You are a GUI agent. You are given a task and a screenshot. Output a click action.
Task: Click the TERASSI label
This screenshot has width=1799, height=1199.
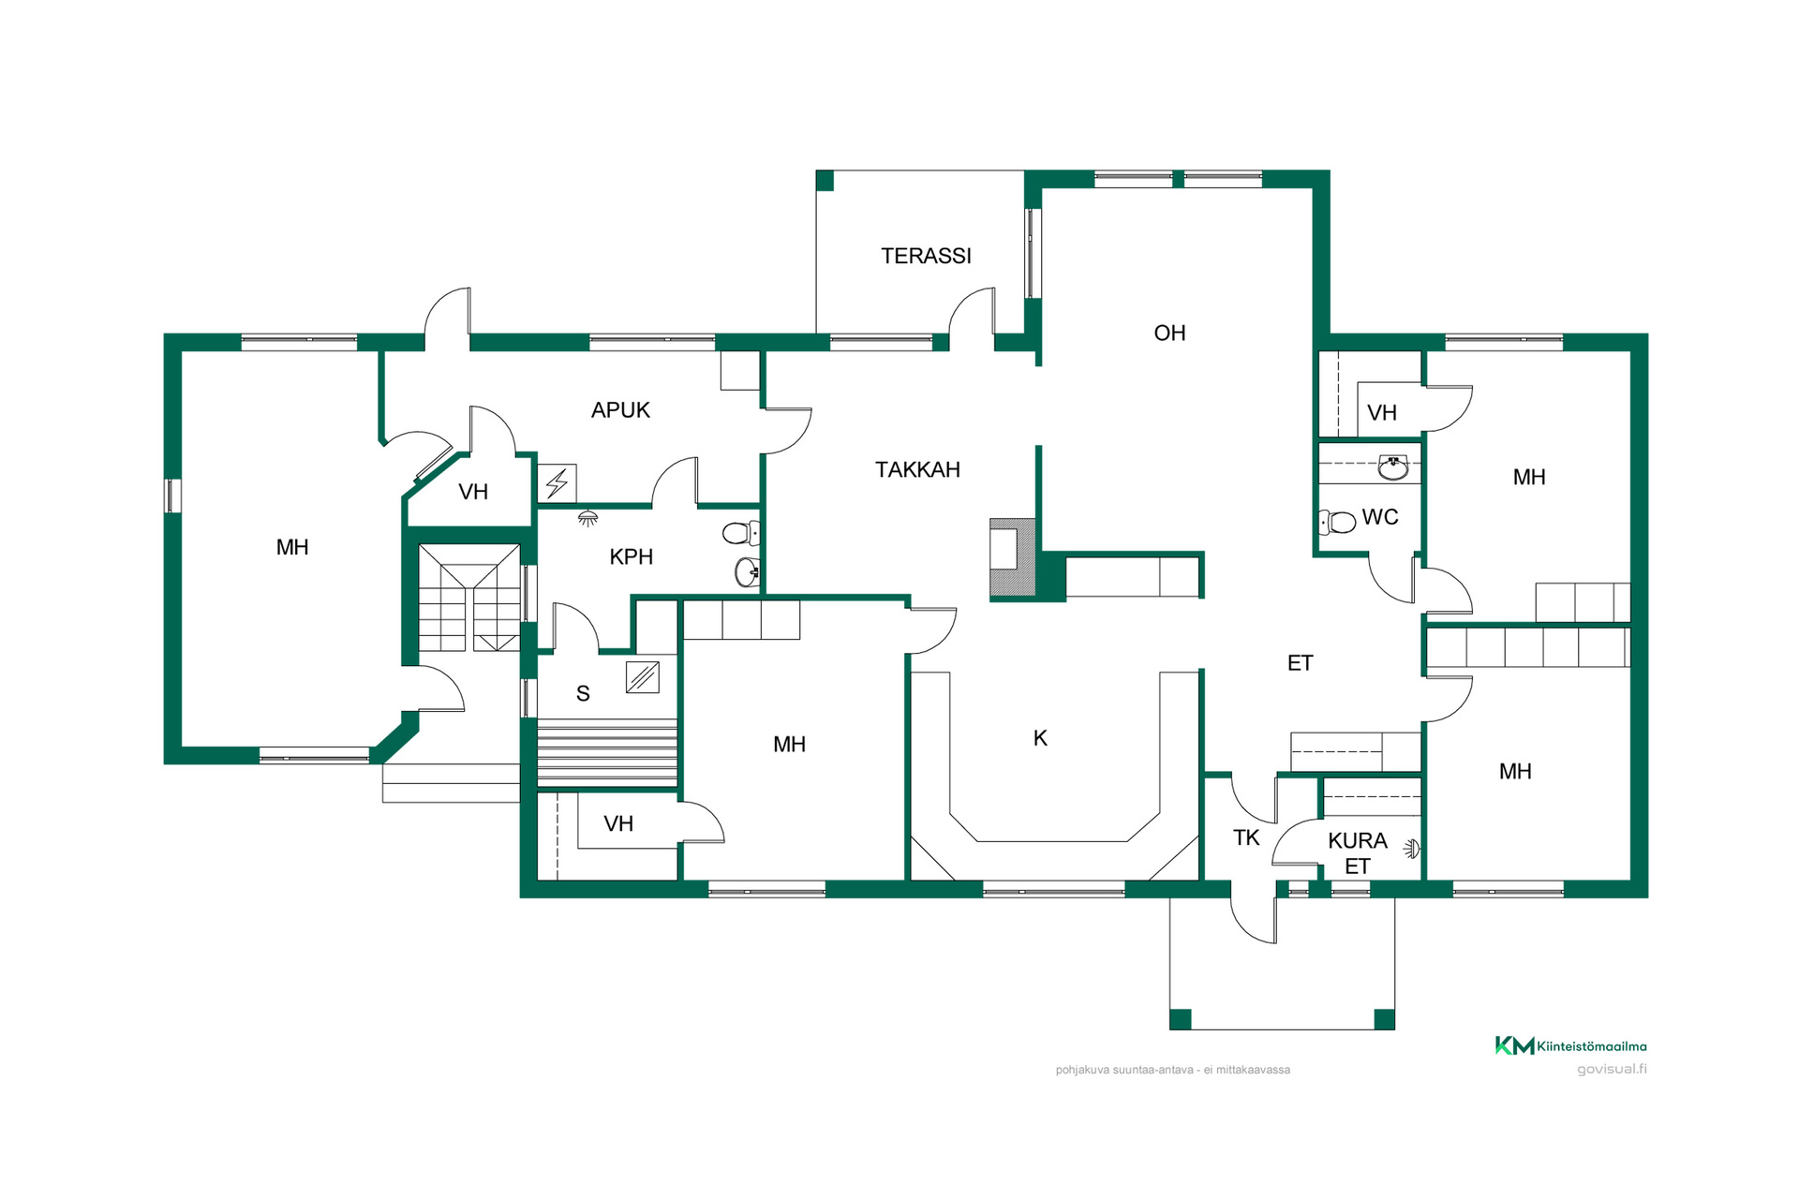tap(926, 256)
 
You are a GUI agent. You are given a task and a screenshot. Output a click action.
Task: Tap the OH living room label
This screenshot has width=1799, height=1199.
tap(1169, 333)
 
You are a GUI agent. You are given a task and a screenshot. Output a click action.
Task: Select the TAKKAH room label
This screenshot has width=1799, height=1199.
tap(917, 469)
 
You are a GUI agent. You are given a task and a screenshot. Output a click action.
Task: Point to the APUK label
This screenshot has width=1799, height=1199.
tap(620, 409)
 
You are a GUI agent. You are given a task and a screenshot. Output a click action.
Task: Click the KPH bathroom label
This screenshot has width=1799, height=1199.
tap(631, 556)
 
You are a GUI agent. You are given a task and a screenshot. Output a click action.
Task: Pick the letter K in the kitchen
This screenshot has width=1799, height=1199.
tap(1040, 738)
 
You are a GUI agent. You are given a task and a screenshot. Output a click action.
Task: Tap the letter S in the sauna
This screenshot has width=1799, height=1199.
tap(583, 693)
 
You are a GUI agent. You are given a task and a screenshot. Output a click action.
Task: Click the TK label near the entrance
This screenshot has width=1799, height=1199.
tap(1246, 837)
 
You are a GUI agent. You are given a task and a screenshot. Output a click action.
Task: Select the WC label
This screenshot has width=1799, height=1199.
tap(1379, 517)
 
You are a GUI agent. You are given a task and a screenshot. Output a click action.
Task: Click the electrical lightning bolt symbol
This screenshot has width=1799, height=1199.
tap(558, 483)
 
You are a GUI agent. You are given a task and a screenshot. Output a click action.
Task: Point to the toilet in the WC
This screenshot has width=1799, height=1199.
tap(1338, 522)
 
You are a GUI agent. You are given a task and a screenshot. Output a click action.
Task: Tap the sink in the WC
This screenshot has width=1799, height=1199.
tap(1393, 467)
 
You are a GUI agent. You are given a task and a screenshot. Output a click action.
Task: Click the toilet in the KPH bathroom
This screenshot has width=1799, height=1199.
tap(741, 533)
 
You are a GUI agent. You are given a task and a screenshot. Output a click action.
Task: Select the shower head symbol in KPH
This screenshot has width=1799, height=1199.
tap(587, 518)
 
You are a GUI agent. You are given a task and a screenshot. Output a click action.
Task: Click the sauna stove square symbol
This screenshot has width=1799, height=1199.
tap(643, 677)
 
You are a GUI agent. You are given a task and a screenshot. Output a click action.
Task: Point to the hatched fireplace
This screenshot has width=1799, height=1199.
tap(1014, 557)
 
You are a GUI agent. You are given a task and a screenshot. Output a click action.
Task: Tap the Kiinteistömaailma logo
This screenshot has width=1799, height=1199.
tap(1570, 1046)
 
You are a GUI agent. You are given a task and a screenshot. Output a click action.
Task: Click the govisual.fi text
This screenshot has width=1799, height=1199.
tap(1612, 1069)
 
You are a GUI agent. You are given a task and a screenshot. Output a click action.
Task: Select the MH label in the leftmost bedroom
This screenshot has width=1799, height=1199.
tap(292, 547)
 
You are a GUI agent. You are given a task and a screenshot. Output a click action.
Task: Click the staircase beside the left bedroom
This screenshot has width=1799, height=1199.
tap(469, 598)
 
